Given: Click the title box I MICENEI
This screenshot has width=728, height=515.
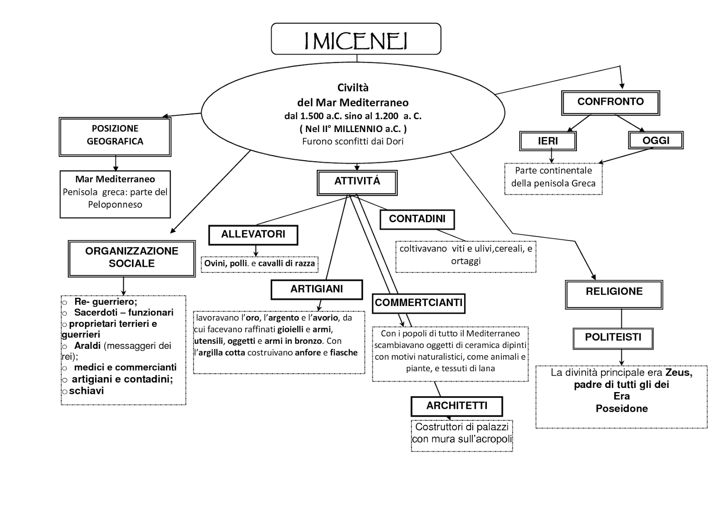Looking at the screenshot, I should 356,39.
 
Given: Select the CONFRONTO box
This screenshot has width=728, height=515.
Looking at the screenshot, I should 610,102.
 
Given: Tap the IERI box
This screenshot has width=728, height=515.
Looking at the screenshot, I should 548,141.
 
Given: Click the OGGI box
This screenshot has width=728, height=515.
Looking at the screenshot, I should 655,140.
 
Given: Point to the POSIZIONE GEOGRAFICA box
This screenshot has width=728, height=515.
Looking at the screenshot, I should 115,136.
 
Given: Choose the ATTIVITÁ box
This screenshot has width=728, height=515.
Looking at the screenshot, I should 357,182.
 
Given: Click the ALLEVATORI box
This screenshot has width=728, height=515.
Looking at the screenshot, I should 253,235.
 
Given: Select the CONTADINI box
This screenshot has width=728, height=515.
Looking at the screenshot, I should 417,219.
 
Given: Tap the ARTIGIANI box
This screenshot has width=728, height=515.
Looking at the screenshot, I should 317,290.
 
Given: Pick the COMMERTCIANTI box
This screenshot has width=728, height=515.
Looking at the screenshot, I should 419,303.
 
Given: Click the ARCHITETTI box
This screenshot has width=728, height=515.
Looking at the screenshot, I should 456,406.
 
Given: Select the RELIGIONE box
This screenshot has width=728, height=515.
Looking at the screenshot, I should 614,294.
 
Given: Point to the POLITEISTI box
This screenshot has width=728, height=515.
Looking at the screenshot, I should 613,338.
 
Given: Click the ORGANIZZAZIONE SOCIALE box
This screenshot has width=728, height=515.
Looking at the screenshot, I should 131,258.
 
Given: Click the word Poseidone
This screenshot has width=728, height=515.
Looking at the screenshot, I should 622,408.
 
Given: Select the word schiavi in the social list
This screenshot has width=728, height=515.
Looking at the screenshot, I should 86,391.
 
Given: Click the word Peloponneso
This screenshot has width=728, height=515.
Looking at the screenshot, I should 115,204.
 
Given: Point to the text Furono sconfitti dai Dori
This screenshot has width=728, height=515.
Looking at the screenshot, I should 353,141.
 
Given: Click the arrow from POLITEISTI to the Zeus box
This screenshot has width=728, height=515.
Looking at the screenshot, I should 622,357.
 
